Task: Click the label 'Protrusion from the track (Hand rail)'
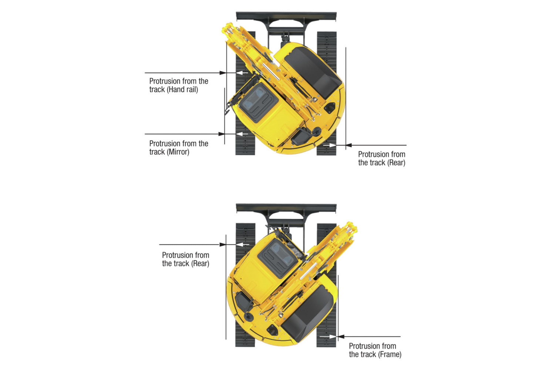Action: [x=179, y=85]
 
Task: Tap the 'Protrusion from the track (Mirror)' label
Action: [x=179, y=148]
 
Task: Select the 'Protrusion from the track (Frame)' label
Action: [x=375, y=350]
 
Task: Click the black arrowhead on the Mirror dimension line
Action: [x=222, y=134]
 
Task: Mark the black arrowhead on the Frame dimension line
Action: [x=342, y=337]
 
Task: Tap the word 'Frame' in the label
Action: [x=390, y=354]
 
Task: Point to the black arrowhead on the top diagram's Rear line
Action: [x=349, y=145]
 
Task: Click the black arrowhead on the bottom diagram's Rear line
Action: [x=223, y=245]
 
